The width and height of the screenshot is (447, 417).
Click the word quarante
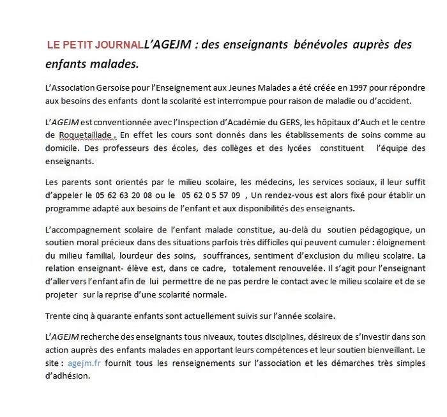click(117, 315)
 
